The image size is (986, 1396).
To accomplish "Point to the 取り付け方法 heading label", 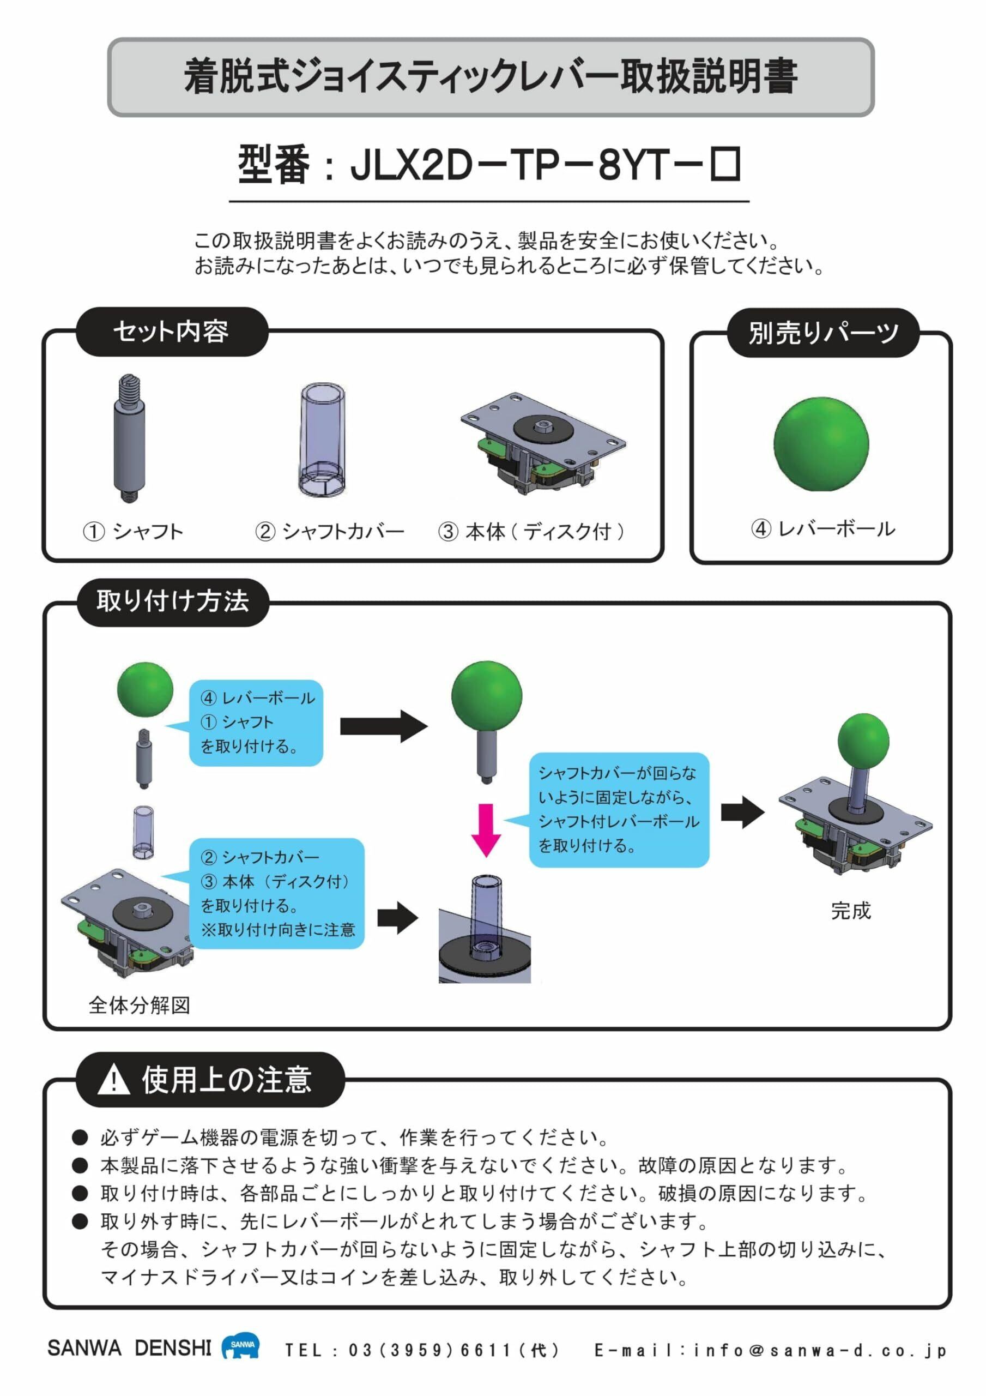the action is tap(173, 601).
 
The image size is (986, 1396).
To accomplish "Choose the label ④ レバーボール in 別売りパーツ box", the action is tap(822, 528).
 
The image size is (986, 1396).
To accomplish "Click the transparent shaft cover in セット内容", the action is tap(322, 440).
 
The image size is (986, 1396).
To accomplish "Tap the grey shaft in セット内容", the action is tap(129, 438).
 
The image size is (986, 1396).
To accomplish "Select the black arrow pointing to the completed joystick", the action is tap(742, 813).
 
